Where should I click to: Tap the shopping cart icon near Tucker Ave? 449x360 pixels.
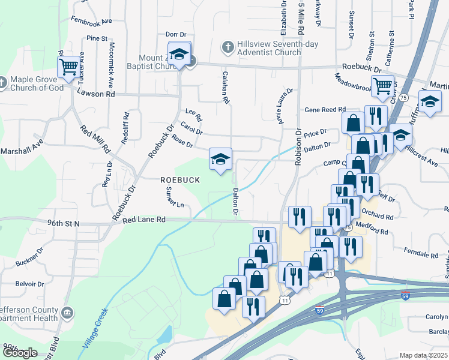[x=70, y=66]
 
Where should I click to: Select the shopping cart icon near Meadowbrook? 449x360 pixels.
[x=382, y=86]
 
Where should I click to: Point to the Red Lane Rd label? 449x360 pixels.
[x=143, y=220]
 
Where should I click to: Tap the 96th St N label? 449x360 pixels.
[x=64, y=223]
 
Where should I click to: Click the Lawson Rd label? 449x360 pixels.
[x=95, y=94]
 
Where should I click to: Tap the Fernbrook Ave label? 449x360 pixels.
[x=91, y=20]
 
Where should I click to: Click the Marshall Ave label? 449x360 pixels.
[x=22, y=145]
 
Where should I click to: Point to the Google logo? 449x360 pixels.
[x=20, y=353]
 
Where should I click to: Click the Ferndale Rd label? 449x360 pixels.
[x=418, y=249]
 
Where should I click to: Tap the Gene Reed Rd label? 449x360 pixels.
[x=325, y=110]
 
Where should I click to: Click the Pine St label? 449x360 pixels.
[x=96, y=38]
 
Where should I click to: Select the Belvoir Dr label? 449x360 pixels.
[x=30, y=283]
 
